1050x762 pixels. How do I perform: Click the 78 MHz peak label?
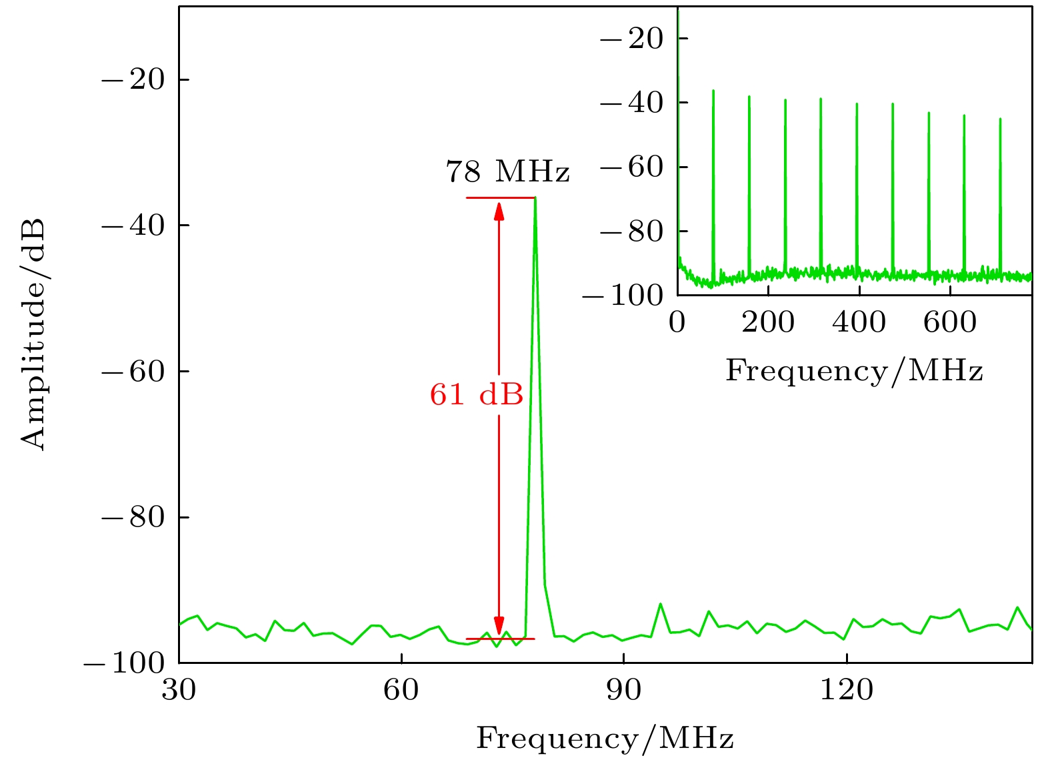point(507,171)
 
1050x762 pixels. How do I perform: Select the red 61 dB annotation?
point(476,394)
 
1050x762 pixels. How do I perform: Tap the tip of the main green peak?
point(535,199)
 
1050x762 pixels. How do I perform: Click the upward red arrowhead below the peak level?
point(499,210)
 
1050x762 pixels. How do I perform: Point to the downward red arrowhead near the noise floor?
point(499,627)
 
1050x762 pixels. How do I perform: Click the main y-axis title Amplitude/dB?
point(33,334)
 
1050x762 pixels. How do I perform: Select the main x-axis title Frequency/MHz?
point(605,739)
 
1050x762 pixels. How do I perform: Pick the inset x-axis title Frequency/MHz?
point(854,370)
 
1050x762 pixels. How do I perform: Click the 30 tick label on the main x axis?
point(179,689)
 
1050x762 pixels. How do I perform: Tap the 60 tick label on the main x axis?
point(401,689)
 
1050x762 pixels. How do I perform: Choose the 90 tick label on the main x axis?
point(623,689)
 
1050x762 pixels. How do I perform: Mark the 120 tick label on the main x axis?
point(845,689)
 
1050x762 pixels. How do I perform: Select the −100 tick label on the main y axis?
point(124,663)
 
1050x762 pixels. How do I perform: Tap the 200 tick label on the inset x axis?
point(768,322)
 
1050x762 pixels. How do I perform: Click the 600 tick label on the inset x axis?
point(949,322)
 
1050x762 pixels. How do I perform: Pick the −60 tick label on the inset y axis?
point(632,167)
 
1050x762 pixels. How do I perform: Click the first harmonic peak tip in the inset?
point(713,91)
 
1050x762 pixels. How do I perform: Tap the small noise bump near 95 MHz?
point(660,604)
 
